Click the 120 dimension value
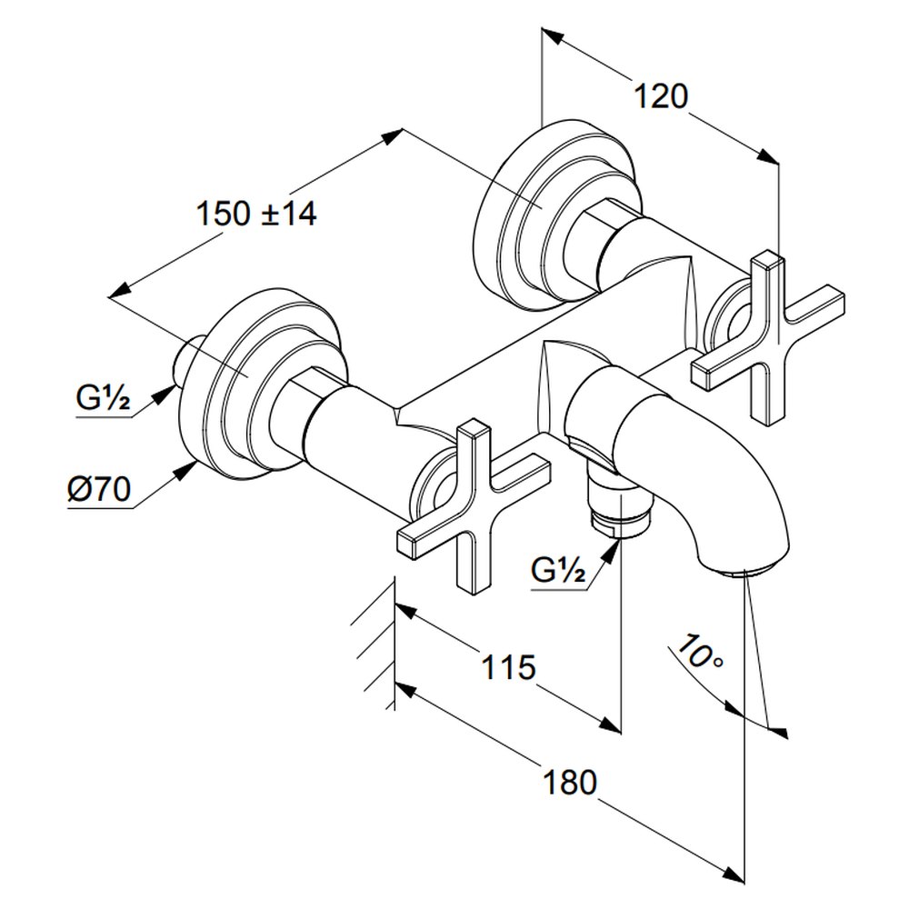point(661,95)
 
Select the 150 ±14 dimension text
point(256,215)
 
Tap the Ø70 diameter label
point(98,491)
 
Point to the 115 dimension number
point(507,668)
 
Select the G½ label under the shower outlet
point(556,572)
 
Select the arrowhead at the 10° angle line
point(777,727)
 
